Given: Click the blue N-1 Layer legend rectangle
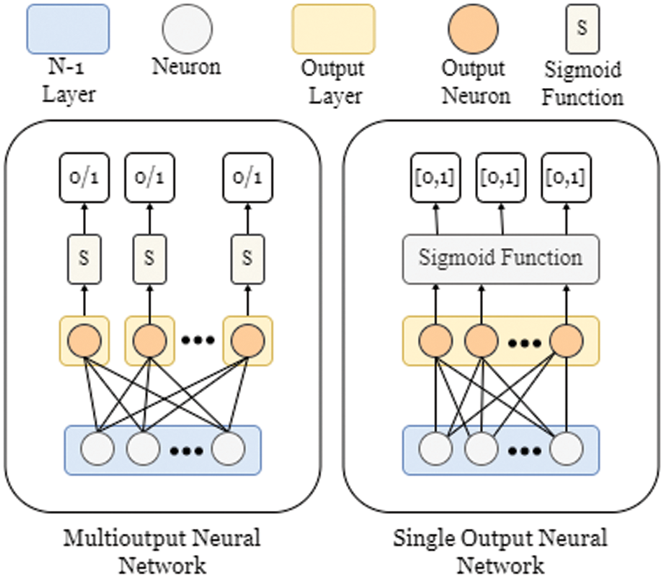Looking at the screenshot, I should point(68,29).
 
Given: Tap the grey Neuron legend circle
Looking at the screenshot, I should point(187,29).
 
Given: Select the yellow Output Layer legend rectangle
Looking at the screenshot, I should point(333,29).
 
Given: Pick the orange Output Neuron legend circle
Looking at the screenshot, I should point(473,29).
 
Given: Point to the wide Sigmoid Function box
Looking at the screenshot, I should point(500,259).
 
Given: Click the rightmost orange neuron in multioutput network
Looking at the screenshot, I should point(246,341).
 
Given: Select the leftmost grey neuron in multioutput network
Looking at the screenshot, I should point(98,450).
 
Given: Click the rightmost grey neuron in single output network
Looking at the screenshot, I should point(565,450).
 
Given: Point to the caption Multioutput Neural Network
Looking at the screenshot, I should point(161,551).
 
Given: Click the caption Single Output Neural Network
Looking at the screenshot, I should point(500,551).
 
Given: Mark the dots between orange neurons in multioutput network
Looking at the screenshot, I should point(197,341).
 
